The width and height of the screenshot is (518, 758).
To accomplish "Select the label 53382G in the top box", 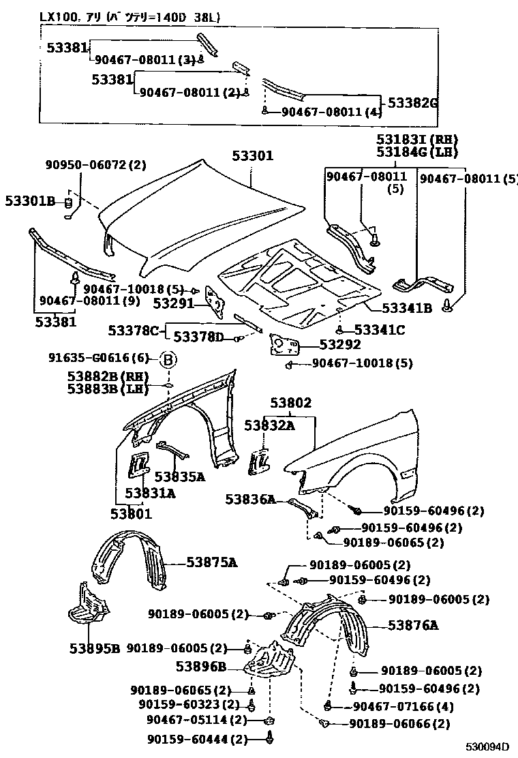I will (412, 103).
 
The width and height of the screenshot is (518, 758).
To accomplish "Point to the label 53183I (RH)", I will (417, 139).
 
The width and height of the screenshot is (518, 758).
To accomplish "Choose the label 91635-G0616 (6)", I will (98, 359).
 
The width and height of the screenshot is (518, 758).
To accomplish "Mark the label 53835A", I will (179, 476).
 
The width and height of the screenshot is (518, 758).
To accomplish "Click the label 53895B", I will (94, 648).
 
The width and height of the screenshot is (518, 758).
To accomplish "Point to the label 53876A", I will (414, 625).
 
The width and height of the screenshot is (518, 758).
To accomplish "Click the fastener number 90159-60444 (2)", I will (197, 739).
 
